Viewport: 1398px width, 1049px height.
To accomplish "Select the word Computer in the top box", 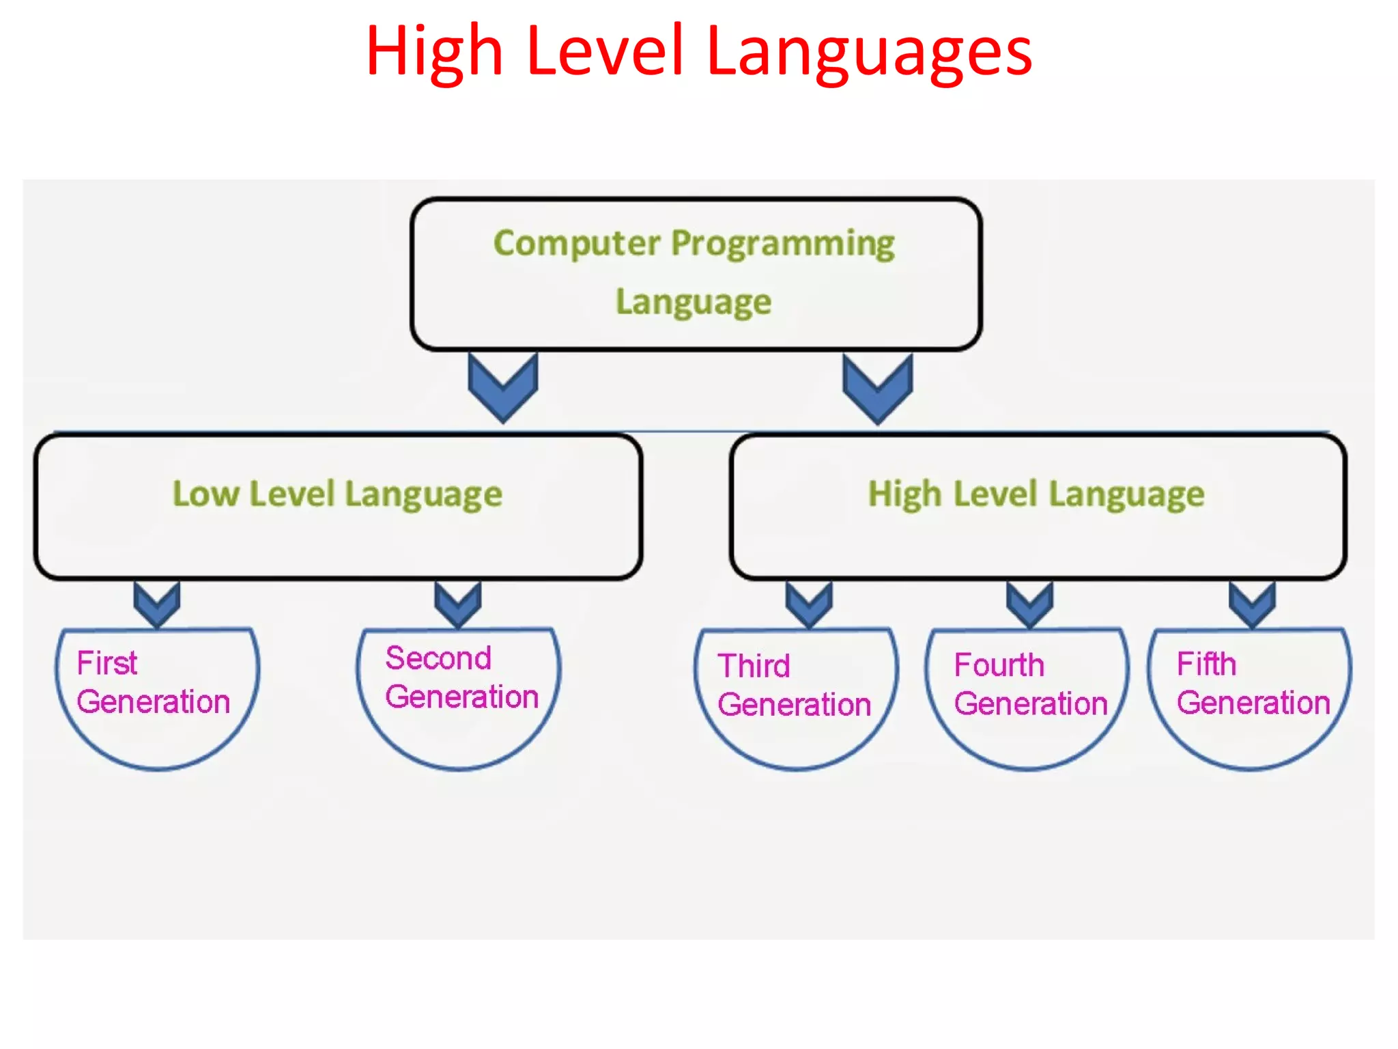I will [577, 243].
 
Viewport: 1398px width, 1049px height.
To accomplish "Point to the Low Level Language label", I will [337, 494].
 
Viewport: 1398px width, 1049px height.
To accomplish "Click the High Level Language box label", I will [1036, 494].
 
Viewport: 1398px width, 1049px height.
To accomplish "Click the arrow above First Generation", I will [157, 604].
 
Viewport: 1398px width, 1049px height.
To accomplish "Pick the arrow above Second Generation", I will [458, 604].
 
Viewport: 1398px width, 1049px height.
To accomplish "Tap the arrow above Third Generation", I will [809, 604].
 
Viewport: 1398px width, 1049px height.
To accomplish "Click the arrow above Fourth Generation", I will [1029, 604].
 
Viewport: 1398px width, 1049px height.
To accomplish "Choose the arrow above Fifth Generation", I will [1252, 604].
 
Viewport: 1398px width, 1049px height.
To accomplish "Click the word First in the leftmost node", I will [107, 662].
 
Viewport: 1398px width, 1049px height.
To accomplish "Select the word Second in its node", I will [438, 658].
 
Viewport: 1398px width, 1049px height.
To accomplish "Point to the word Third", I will [754, 665].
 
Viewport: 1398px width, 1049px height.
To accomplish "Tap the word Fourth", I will [999, 665].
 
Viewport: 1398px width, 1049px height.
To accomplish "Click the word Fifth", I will [1206, 663].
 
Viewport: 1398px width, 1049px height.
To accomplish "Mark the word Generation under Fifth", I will [1253, 703].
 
